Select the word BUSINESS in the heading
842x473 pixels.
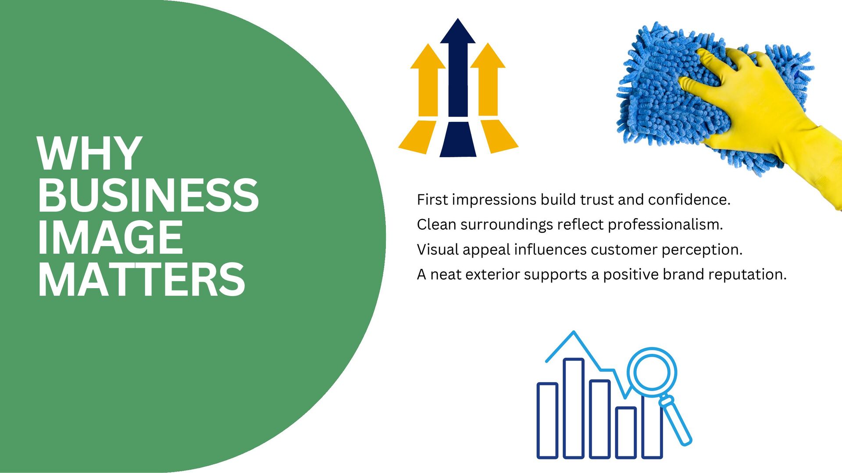point(148,195)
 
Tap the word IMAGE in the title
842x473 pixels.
point(110,237)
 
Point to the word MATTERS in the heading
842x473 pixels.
point(141,279)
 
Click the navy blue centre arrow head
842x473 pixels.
point(458,33)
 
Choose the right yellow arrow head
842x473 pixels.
point(488,57)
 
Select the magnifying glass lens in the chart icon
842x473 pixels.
point(652,372)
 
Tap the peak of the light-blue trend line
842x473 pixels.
point(574,333)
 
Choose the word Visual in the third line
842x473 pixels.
point(437,250)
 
